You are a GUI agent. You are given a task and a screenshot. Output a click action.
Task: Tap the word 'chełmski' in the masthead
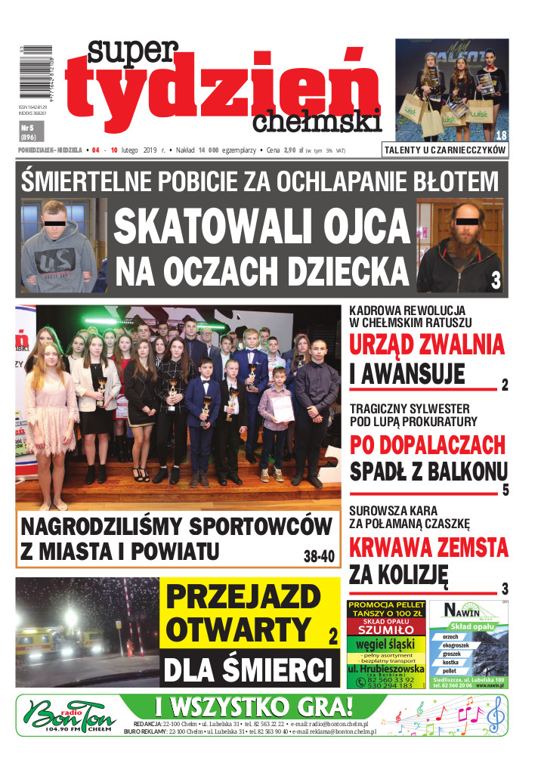[x=317, y=120]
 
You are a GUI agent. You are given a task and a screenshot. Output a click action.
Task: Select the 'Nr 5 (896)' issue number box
[x=31, y=132]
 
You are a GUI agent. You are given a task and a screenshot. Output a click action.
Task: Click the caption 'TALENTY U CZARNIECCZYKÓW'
[x=445, y=150]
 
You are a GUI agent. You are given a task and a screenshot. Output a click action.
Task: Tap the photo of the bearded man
[x=459, y=246]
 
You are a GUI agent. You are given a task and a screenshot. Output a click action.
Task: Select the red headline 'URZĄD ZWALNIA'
[x=427, y=345]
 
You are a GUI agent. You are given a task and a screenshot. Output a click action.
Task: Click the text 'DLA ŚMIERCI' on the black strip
[x=249, y=670]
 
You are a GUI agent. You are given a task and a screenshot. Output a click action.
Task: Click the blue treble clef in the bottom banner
[x=496, y=714]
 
